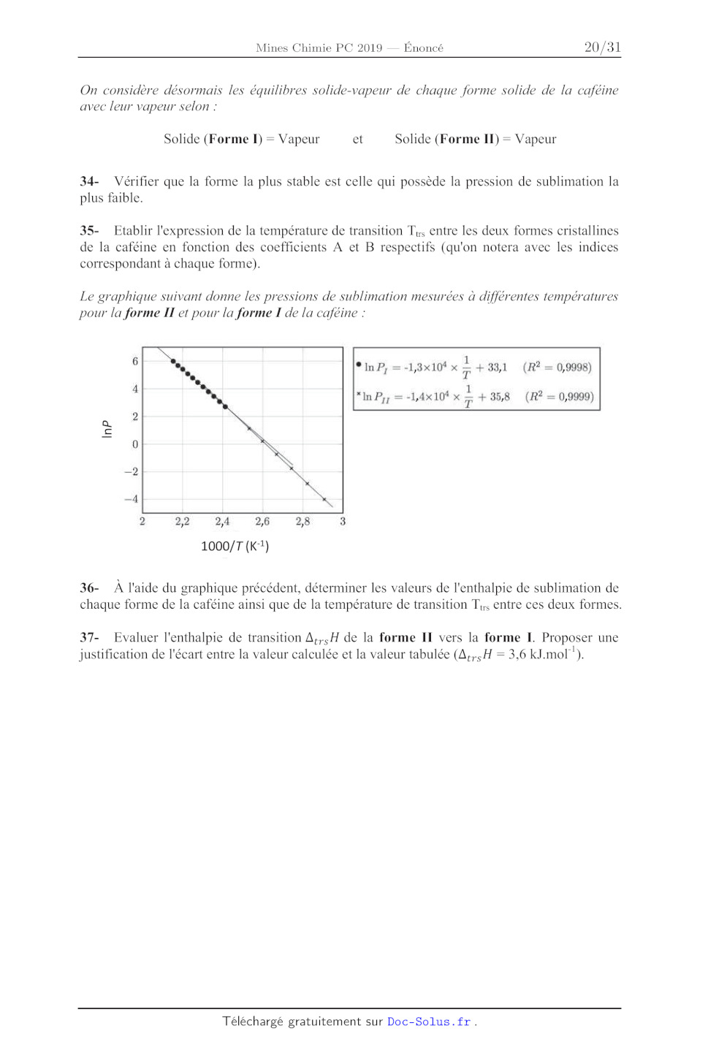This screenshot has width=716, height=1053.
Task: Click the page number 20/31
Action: point(602,47)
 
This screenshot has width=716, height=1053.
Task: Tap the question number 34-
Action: point(89,181)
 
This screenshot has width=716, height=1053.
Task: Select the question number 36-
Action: point(89,588)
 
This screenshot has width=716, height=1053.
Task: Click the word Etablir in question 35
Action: point(135,230)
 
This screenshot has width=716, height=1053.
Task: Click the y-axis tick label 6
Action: point(135,361)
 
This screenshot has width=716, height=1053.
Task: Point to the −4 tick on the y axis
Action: point(132,499)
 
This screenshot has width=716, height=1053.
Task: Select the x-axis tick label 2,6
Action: point(262,522)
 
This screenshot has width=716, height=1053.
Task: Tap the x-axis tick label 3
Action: point(343,522)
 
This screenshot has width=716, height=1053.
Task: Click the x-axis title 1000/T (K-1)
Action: point(235,546)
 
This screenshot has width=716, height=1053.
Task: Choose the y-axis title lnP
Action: point(107,429)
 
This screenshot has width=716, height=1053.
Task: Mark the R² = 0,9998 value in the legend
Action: point(557,367)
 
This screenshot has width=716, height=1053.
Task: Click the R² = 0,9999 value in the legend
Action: point(559,396)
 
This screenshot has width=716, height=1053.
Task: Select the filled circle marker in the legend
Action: point(359,364)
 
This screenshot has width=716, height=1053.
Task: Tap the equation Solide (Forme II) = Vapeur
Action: point(475,139)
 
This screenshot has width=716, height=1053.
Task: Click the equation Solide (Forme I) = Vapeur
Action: point(241,139)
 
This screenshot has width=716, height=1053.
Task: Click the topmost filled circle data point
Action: point(173,361)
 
